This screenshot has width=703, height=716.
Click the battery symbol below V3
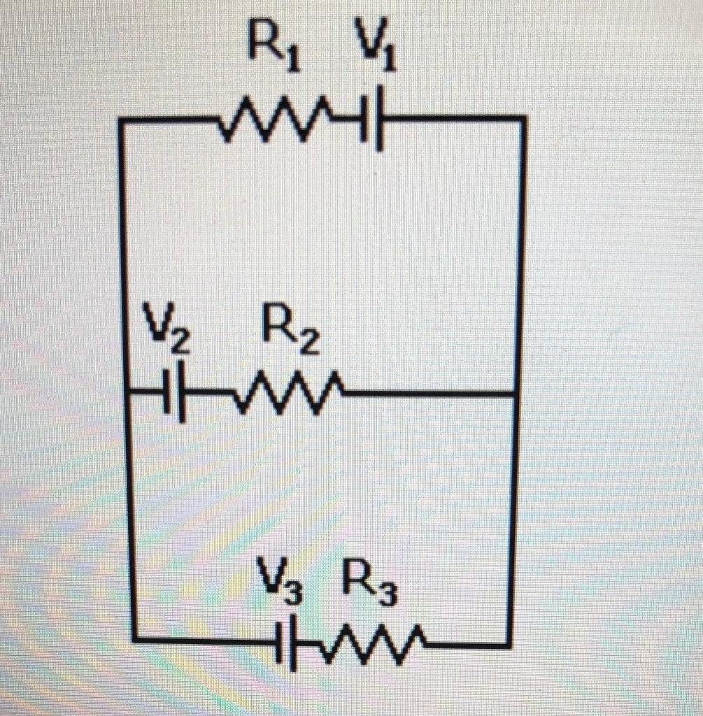(x=287, y=640)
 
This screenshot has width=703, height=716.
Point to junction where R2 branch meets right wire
(x=516, y=395)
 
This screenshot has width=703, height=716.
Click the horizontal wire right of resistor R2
(x=427, y=395)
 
